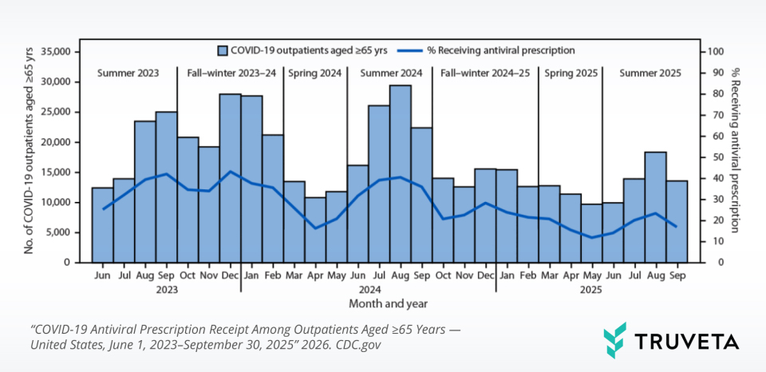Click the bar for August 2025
[656, 207]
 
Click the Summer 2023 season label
[128, 73]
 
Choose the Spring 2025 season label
[571, 73]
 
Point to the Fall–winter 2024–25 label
[485, 73]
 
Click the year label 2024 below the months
[368, 290]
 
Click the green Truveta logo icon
[615, 340]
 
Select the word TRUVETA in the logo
[686, 342]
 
